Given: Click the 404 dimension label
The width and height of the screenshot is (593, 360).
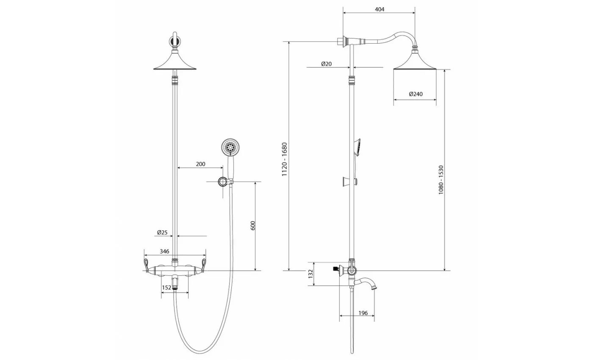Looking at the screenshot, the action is (x=380, y=9).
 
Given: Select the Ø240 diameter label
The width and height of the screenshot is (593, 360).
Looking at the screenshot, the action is (x=416, y=94).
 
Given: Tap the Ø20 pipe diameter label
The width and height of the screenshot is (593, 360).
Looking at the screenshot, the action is (x=326, y=64).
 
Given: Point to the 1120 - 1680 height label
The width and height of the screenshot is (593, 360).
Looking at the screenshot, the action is (x=285, y=160).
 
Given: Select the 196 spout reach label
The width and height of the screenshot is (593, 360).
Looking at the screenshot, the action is (x=363, y=313).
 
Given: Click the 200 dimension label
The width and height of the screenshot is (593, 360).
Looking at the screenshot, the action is (x=200, y=164).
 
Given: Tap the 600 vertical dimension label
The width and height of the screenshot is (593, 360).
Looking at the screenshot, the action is (x=253, y=226).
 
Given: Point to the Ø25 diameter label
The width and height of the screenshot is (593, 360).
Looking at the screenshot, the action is (x=162, y=233).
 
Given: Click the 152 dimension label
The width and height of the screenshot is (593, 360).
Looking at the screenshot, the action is (x=166, y=288).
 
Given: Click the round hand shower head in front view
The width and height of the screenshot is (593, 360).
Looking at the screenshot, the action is (x=230, y=148).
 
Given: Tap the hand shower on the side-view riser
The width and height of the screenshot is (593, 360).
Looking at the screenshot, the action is (x=356, y=146).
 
